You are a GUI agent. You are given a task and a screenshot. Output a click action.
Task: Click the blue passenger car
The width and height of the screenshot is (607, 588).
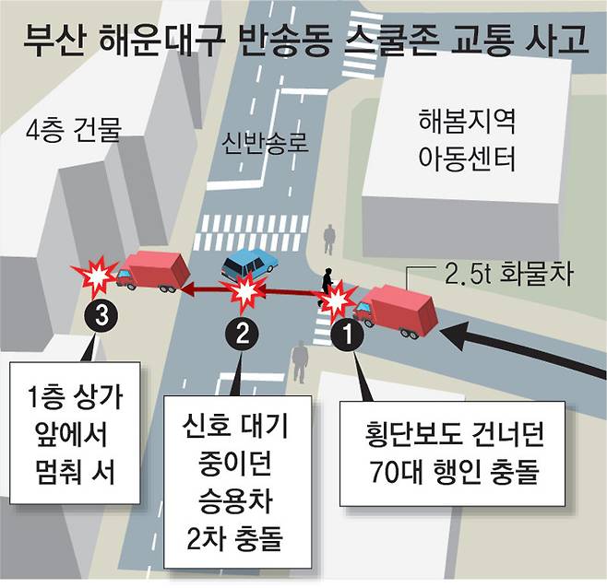[250, 265]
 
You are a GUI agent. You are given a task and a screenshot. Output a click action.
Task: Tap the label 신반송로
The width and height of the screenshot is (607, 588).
[263, 143]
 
